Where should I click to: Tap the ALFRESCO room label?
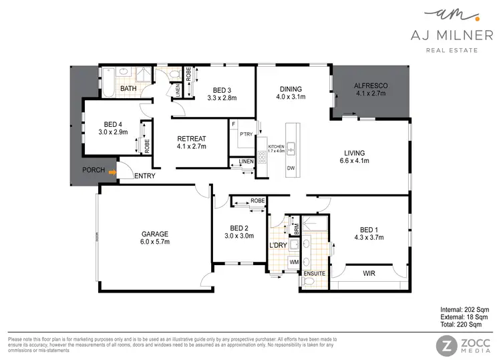371,86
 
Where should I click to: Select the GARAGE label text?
154,234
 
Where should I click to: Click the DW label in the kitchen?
291,168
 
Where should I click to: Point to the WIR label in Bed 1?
369,273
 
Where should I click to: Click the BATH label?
128,88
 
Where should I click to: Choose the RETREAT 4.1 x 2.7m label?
192,142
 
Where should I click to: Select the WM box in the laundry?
293,262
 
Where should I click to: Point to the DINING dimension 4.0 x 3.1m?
291,97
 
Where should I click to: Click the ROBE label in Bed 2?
257,200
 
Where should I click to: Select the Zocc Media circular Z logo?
446,345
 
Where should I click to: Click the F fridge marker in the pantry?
233,124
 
